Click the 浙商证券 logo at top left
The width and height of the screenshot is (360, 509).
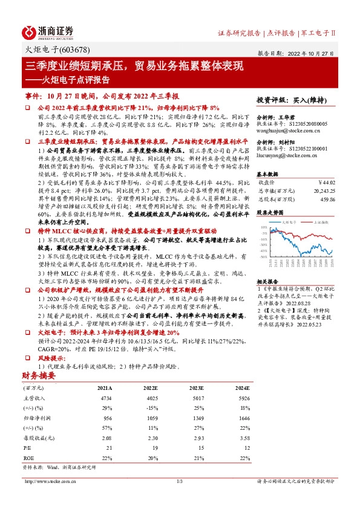(48, 33)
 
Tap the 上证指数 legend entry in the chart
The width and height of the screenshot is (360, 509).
(321, 222)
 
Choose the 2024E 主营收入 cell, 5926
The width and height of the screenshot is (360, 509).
(241, 398)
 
